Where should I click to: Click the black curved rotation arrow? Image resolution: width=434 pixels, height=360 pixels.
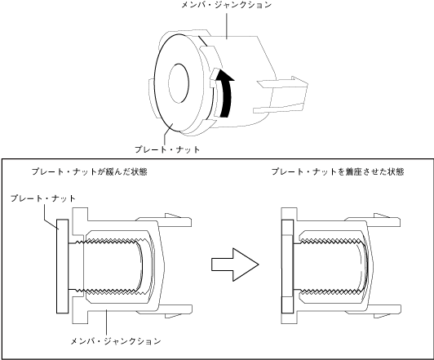coord(227,94)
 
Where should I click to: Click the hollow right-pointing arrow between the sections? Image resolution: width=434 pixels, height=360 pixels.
coord(235,264)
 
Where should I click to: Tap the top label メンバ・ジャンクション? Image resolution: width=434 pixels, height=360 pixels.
coord(227,5)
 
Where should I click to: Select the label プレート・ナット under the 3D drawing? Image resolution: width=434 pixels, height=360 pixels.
coord(167,149)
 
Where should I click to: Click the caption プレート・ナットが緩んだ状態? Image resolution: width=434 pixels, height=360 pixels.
coord(90,171)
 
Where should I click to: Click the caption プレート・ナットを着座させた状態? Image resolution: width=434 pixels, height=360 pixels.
coord(338,171)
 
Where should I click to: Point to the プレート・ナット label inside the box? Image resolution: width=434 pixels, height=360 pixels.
coord(43,198)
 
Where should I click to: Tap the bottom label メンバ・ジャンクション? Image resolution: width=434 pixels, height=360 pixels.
coord(116,341)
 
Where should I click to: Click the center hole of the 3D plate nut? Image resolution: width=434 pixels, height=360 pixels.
coord(179,83)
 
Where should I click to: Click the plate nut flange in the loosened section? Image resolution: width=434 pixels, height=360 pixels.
coord(62,266)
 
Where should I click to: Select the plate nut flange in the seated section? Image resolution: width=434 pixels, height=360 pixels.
coord(287,266)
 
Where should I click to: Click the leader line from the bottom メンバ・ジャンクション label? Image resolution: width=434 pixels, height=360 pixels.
coord(106,322)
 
